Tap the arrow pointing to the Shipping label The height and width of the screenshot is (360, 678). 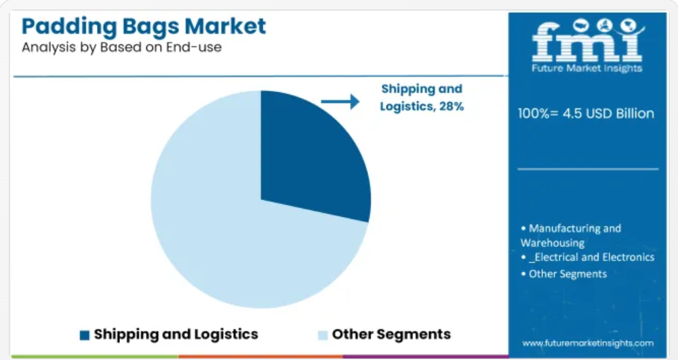(x=340, y=102)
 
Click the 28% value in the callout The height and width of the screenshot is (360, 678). (x=452, y=106)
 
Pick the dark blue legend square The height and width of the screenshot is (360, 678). (x=85, y=335)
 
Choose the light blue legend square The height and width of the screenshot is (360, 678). (x=323, y=335)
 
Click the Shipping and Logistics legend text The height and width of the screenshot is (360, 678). (x=176, y=334)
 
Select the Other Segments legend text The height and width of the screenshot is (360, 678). (x=391, y=334)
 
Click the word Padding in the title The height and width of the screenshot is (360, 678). (x=69, y=27)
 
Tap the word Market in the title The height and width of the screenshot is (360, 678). (x=225, y=26)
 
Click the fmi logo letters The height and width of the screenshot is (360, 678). (x=586, y=41)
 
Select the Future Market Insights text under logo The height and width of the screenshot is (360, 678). (x=586, y=68)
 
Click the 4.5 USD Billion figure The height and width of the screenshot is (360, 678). (x=608, y=114)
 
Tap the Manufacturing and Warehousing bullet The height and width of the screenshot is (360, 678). (x=571, y=235)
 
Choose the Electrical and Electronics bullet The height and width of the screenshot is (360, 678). (x=588, y=257)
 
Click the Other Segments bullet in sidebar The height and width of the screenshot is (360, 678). (x=564, y=274)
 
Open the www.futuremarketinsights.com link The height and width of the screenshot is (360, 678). (x=588, y=344)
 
